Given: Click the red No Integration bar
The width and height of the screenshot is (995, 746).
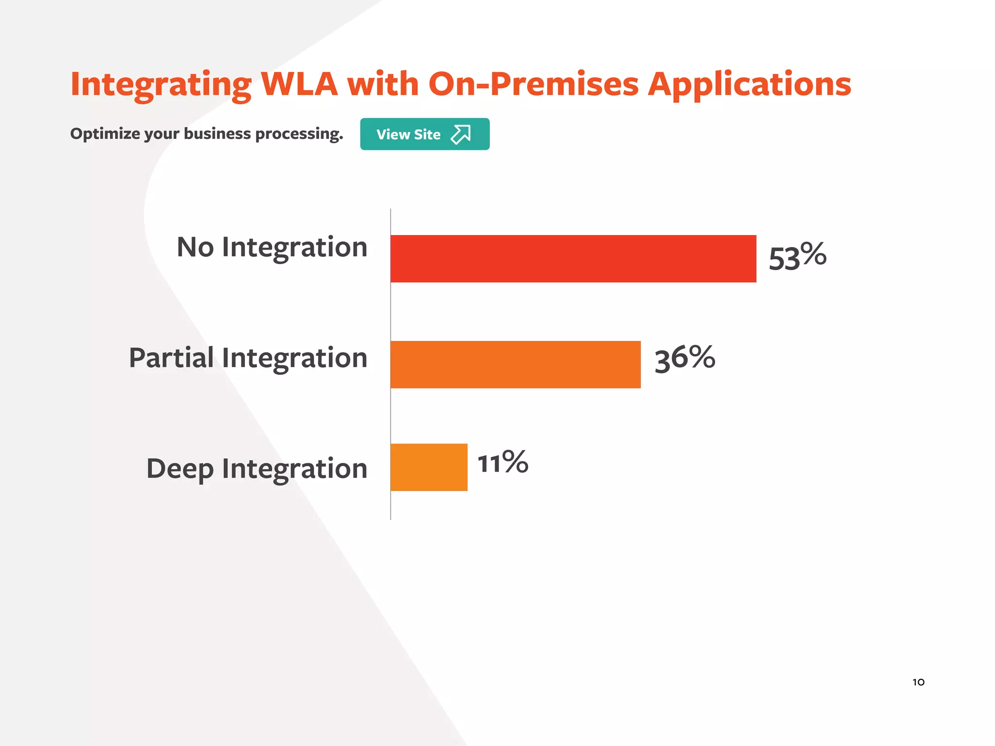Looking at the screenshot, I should click(x=573, y=258).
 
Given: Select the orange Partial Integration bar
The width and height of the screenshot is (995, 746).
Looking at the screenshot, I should click(x=515, y=364).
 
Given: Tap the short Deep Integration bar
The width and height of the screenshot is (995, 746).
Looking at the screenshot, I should click(x=429, y=467).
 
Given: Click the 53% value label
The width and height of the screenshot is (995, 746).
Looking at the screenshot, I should click(x=797, y=256).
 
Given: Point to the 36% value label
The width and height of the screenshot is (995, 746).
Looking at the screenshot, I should click(x=685, y=359).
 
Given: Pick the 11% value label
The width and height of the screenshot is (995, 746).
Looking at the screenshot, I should click(x=502, y=462).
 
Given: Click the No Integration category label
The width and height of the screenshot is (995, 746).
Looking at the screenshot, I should click(x=272, y=248).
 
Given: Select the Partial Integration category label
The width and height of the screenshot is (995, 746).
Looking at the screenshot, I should click(x=248, y=358).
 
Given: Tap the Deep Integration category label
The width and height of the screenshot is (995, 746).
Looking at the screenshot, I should click(x=257, y=469).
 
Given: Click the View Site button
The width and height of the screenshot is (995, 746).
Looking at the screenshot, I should click(x=425, y=134).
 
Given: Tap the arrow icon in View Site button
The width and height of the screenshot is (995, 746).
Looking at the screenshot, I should click(x=461, y=134).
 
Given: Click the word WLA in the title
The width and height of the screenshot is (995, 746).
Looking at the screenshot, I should click(x=299, y=84).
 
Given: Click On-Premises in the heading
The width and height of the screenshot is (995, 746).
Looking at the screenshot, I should click(x=533, y=84).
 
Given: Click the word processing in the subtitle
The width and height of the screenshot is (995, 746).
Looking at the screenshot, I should click(x=299, y=134).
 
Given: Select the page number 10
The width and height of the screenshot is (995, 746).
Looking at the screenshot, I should click(x=918, y=682).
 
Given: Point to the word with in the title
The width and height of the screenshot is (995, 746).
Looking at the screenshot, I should click(x=383, y=84).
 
